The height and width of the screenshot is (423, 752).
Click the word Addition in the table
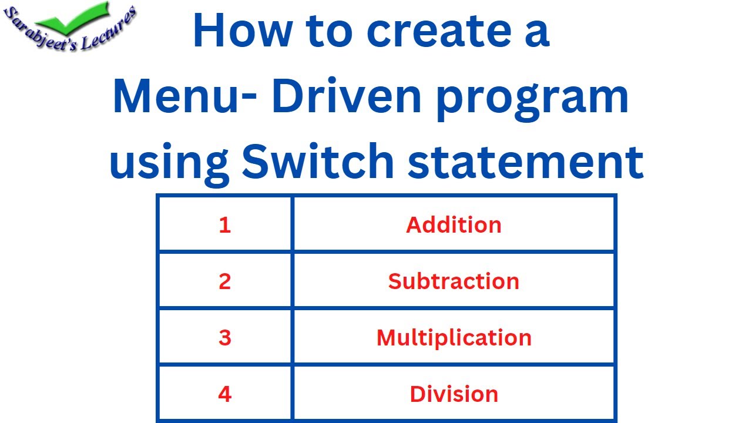454,225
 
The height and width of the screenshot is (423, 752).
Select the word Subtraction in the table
454,281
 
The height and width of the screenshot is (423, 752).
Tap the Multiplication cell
454,338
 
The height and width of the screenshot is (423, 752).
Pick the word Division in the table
454,394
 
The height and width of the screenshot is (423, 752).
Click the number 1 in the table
224,225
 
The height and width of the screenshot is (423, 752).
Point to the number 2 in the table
224,281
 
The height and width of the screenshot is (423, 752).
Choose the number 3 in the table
224,338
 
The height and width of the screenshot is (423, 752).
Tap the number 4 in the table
224,394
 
